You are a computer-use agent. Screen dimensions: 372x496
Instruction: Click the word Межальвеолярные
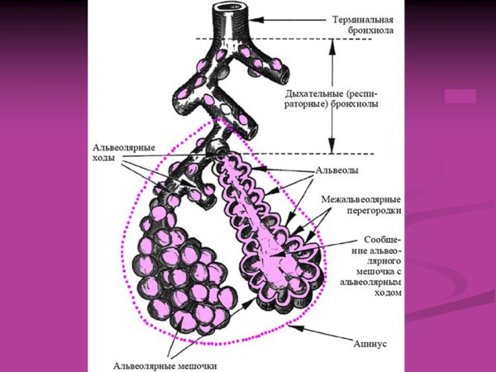tap(361, 199)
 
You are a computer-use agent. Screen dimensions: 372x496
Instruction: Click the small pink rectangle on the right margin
tap(460, 96)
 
